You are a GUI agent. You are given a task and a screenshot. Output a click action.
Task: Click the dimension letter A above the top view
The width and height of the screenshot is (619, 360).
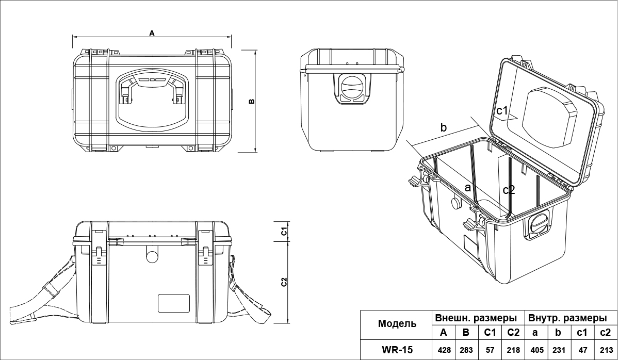[152, 33]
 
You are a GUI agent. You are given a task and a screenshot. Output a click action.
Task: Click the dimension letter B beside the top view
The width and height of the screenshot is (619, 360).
[252, 101]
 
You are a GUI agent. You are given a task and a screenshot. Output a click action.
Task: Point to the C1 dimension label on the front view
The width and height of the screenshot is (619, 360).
[283, 232]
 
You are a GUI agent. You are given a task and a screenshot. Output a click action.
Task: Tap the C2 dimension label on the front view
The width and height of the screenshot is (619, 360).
[283, 283]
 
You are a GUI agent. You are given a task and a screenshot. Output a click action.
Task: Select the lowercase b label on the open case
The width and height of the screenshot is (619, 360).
[443, 127]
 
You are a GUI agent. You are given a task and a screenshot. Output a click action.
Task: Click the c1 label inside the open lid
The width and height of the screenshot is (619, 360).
[503, 110]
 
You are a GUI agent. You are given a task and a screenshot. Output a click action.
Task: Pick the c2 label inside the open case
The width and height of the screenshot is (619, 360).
[509, 190]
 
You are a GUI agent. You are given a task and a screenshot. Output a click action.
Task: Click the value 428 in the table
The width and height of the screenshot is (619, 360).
[444, 350]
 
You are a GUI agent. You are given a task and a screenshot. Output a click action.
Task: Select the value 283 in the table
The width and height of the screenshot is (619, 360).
[466, 350]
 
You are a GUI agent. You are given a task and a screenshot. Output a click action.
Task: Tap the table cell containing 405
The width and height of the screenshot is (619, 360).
[537, 350]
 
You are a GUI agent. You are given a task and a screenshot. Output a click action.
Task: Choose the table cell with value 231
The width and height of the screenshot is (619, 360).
[560, 350]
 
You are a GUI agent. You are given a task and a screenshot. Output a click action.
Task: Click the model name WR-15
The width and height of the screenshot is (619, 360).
[397, 350]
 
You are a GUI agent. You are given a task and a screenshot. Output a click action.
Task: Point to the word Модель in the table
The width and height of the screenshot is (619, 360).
[397, 324]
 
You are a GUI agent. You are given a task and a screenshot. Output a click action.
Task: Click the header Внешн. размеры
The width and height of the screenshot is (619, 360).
[476, 317]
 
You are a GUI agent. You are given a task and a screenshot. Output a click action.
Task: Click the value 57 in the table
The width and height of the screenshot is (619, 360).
[490, 350]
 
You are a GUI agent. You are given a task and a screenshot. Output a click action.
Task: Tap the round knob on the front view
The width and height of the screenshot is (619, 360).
[152, 256]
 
